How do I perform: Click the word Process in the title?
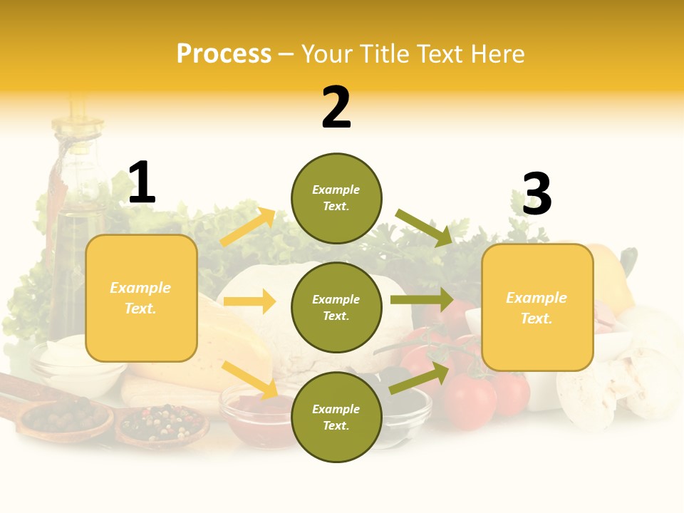(x=224, y=54)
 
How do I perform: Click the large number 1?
(x=142, y=183)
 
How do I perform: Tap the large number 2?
(x=336, y=108)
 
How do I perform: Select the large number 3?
(x=537, y=195)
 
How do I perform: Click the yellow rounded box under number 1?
(x=141, y=298)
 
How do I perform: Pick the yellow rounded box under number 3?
(x=537, y=307)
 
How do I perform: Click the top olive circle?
(x=336, y=198)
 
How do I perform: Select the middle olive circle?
(x=336, y=307)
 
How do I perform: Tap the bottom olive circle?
(x=336, y=417)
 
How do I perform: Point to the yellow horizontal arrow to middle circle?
(x=249, y=301)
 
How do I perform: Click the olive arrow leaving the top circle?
(x=424, y=227)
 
